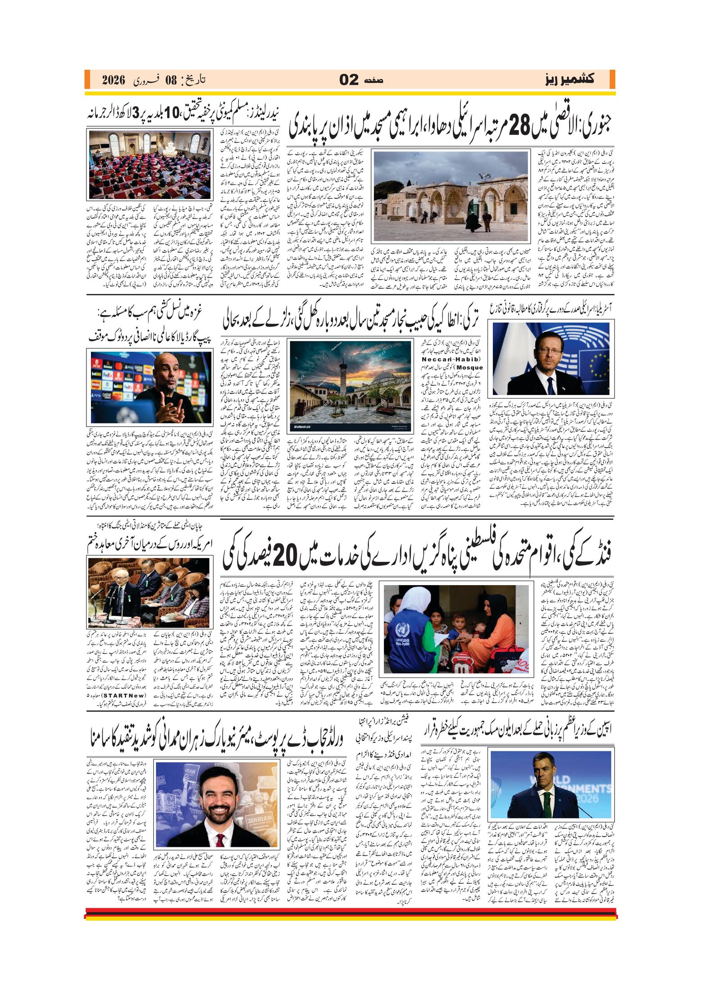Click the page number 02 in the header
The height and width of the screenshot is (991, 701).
[349, 80]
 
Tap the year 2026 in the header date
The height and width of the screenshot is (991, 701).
[113, 81]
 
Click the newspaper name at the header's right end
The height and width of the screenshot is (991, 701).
[569, 80]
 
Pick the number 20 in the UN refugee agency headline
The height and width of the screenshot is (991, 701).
[284, 557]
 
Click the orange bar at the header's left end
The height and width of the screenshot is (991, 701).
[87, 80]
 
